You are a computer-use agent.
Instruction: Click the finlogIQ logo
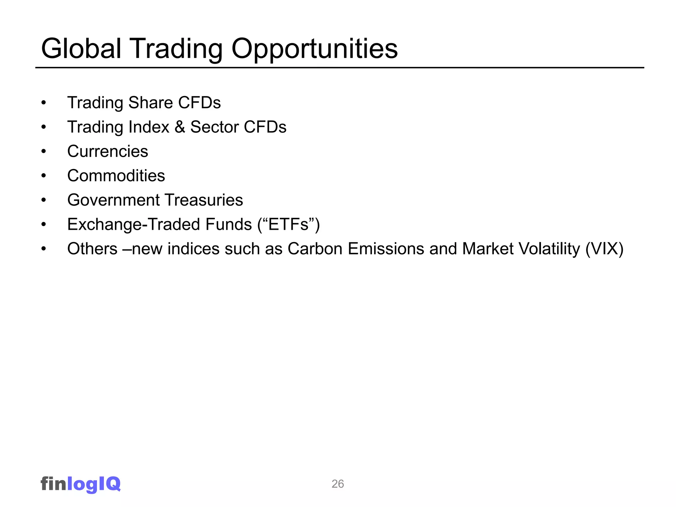[x=81, y=484]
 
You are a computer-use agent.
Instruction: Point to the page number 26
[x=338, y=484]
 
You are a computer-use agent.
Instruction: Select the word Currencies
[x=108, y=152]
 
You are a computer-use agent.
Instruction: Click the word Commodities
[x=116, y=176]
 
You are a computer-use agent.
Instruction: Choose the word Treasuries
[x=204, y=200]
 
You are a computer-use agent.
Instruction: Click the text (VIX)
[x=604, y=249]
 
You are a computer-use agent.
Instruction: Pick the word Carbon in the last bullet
[x=315, y=249]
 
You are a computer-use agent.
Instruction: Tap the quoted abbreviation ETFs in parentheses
[x=288, y=224]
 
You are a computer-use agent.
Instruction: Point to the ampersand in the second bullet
[x=180, y=127]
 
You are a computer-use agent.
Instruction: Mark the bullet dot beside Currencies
[x=44, y=152]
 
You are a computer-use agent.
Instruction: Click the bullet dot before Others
[x=44, y=249]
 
